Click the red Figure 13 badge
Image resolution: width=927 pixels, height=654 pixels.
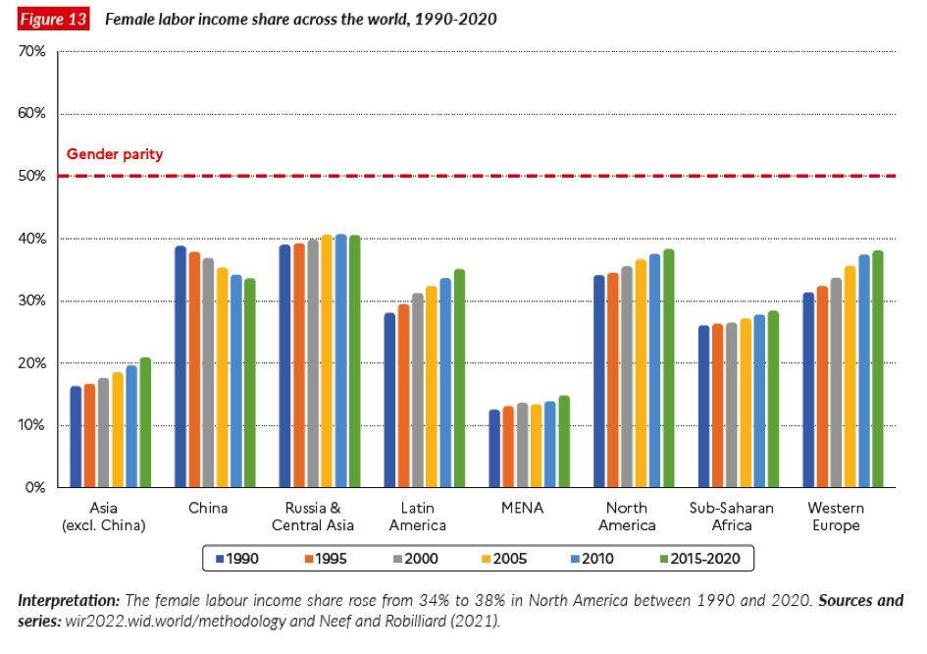(53, 19)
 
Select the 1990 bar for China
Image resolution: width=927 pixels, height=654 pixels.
(180, 366)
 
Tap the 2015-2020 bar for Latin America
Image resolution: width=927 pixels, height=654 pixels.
(459, 378)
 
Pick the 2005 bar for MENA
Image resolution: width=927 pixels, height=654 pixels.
(536, 446)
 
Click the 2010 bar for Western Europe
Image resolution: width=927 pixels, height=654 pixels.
(864, 371)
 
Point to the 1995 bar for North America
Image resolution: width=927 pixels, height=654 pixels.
(612, 380)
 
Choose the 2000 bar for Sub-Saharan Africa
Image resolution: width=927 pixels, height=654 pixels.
(732, 405)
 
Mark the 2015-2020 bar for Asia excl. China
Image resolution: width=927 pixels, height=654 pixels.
(145, 422)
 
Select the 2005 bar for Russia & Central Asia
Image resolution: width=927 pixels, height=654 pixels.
(327, 361)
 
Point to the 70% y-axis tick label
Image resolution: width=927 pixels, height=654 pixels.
(31, 51)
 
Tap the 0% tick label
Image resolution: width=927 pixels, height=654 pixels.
(35, 488)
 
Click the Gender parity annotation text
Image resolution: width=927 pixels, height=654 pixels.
(115, 154)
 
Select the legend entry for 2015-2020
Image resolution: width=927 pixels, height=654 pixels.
(700, 559)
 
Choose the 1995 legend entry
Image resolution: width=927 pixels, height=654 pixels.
(326, 559)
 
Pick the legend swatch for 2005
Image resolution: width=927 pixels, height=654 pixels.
(486, 559)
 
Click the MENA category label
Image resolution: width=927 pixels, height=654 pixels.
(522, 508)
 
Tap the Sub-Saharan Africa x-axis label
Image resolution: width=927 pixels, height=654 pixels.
(732, 517)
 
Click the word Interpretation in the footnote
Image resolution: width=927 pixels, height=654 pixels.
(69, 601)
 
